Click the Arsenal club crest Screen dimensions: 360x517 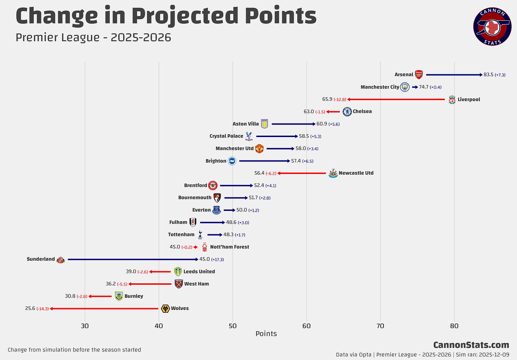click(x=419, y=75)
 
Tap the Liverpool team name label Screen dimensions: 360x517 click(x=469, y=99)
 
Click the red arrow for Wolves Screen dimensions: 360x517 click(x=104, y=309)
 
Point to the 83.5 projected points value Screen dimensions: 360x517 click(x=488, y=75)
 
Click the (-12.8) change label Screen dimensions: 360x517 click(x=340, y=100)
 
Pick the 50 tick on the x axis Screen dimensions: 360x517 click(x=233, y=326)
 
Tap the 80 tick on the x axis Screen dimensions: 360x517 click(x=454, y=326)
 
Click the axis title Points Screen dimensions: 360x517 click(x=266, y=334)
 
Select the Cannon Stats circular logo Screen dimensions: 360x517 click(x=492, y=27)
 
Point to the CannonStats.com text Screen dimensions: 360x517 click(x=471, y=345)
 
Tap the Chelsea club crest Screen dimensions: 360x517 click(x=347, y=112)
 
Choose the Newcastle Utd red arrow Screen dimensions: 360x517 click(x=302, y=173)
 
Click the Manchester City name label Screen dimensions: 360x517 click(x=380, y=87)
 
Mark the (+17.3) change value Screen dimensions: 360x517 click(x=217, y=260)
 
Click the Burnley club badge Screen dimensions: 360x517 click(x=119, y=296)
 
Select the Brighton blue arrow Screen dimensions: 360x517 click(x=264, y=161)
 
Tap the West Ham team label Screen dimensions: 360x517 click(x=196, y=284)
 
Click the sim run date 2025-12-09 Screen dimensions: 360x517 click(x=494, y=355)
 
